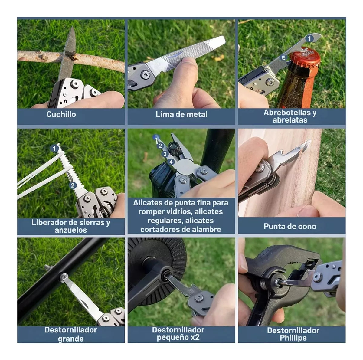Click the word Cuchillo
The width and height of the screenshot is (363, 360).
tap(61, 114)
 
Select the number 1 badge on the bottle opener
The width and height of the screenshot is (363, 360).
tap(309, 39)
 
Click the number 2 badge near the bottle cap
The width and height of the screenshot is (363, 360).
tap(283, 58)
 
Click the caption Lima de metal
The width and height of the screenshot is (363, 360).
tap(181, 114)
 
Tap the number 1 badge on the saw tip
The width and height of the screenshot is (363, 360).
tap(54, 148)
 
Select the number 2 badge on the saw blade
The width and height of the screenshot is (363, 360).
tap(73, 185)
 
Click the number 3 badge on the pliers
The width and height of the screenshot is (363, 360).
tap(165, 154)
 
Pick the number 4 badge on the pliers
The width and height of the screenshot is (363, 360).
tap(171, 162)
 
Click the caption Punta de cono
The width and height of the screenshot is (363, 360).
tap(290, 226)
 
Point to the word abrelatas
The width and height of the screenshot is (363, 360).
tap(290, 120)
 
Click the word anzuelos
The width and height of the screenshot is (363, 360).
tap(71, 230)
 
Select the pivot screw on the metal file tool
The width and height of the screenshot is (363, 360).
tap(146, 75)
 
